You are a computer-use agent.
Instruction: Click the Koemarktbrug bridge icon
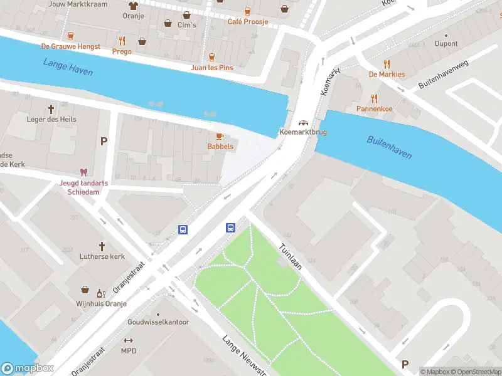[x=304, y=122]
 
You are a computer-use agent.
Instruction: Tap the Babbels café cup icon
[x=220, y=136]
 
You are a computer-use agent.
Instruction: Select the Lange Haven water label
[x=68, y=66]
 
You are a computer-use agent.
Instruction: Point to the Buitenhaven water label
[x=389, y=147]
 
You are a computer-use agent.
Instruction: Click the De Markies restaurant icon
[x=387, y=63]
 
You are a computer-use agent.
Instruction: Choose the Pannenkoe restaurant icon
[x=375, y=98]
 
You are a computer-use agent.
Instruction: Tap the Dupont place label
[x=446, y=44]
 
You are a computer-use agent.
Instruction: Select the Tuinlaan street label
[x=291, y=256]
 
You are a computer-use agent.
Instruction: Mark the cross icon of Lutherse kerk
[x=102, y=246]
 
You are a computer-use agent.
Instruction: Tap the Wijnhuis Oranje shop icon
[x=85, y=290]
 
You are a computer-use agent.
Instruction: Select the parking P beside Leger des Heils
[x=104, y=141]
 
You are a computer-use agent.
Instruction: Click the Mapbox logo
[x=28, y=368]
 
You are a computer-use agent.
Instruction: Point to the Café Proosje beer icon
[x=247, y=11]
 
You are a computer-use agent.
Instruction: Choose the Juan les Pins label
[x=211, y=66]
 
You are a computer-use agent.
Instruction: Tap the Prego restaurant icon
[x=122, y=41]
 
